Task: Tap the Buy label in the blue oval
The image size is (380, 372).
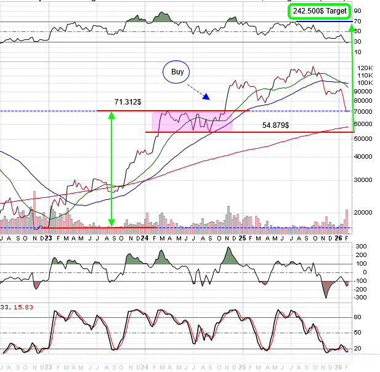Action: [x=177, y=72]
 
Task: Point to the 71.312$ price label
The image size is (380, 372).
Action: [x=127, y=101]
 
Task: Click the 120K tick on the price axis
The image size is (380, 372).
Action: [x=365, y=68]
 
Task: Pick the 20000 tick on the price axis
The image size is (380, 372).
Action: [x=365, y=212]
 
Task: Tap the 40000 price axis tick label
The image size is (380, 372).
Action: [x=365, y=156]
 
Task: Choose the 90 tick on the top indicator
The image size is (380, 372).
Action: [x=358, y=11]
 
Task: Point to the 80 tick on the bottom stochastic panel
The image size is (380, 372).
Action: [x=358, y=317]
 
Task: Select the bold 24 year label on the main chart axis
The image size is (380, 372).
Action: [x=144, y=237]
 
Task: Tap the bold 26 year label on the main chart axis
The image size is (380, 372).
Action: [x=339, y=237]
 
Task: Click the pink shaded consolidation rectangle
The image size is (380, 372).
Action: [x=191, y=121]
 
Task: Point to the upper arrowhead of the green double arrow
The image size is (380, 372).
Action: [x=111, y=114]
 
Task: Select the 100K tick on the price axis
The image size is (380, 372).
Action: [x=365, y=82]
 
